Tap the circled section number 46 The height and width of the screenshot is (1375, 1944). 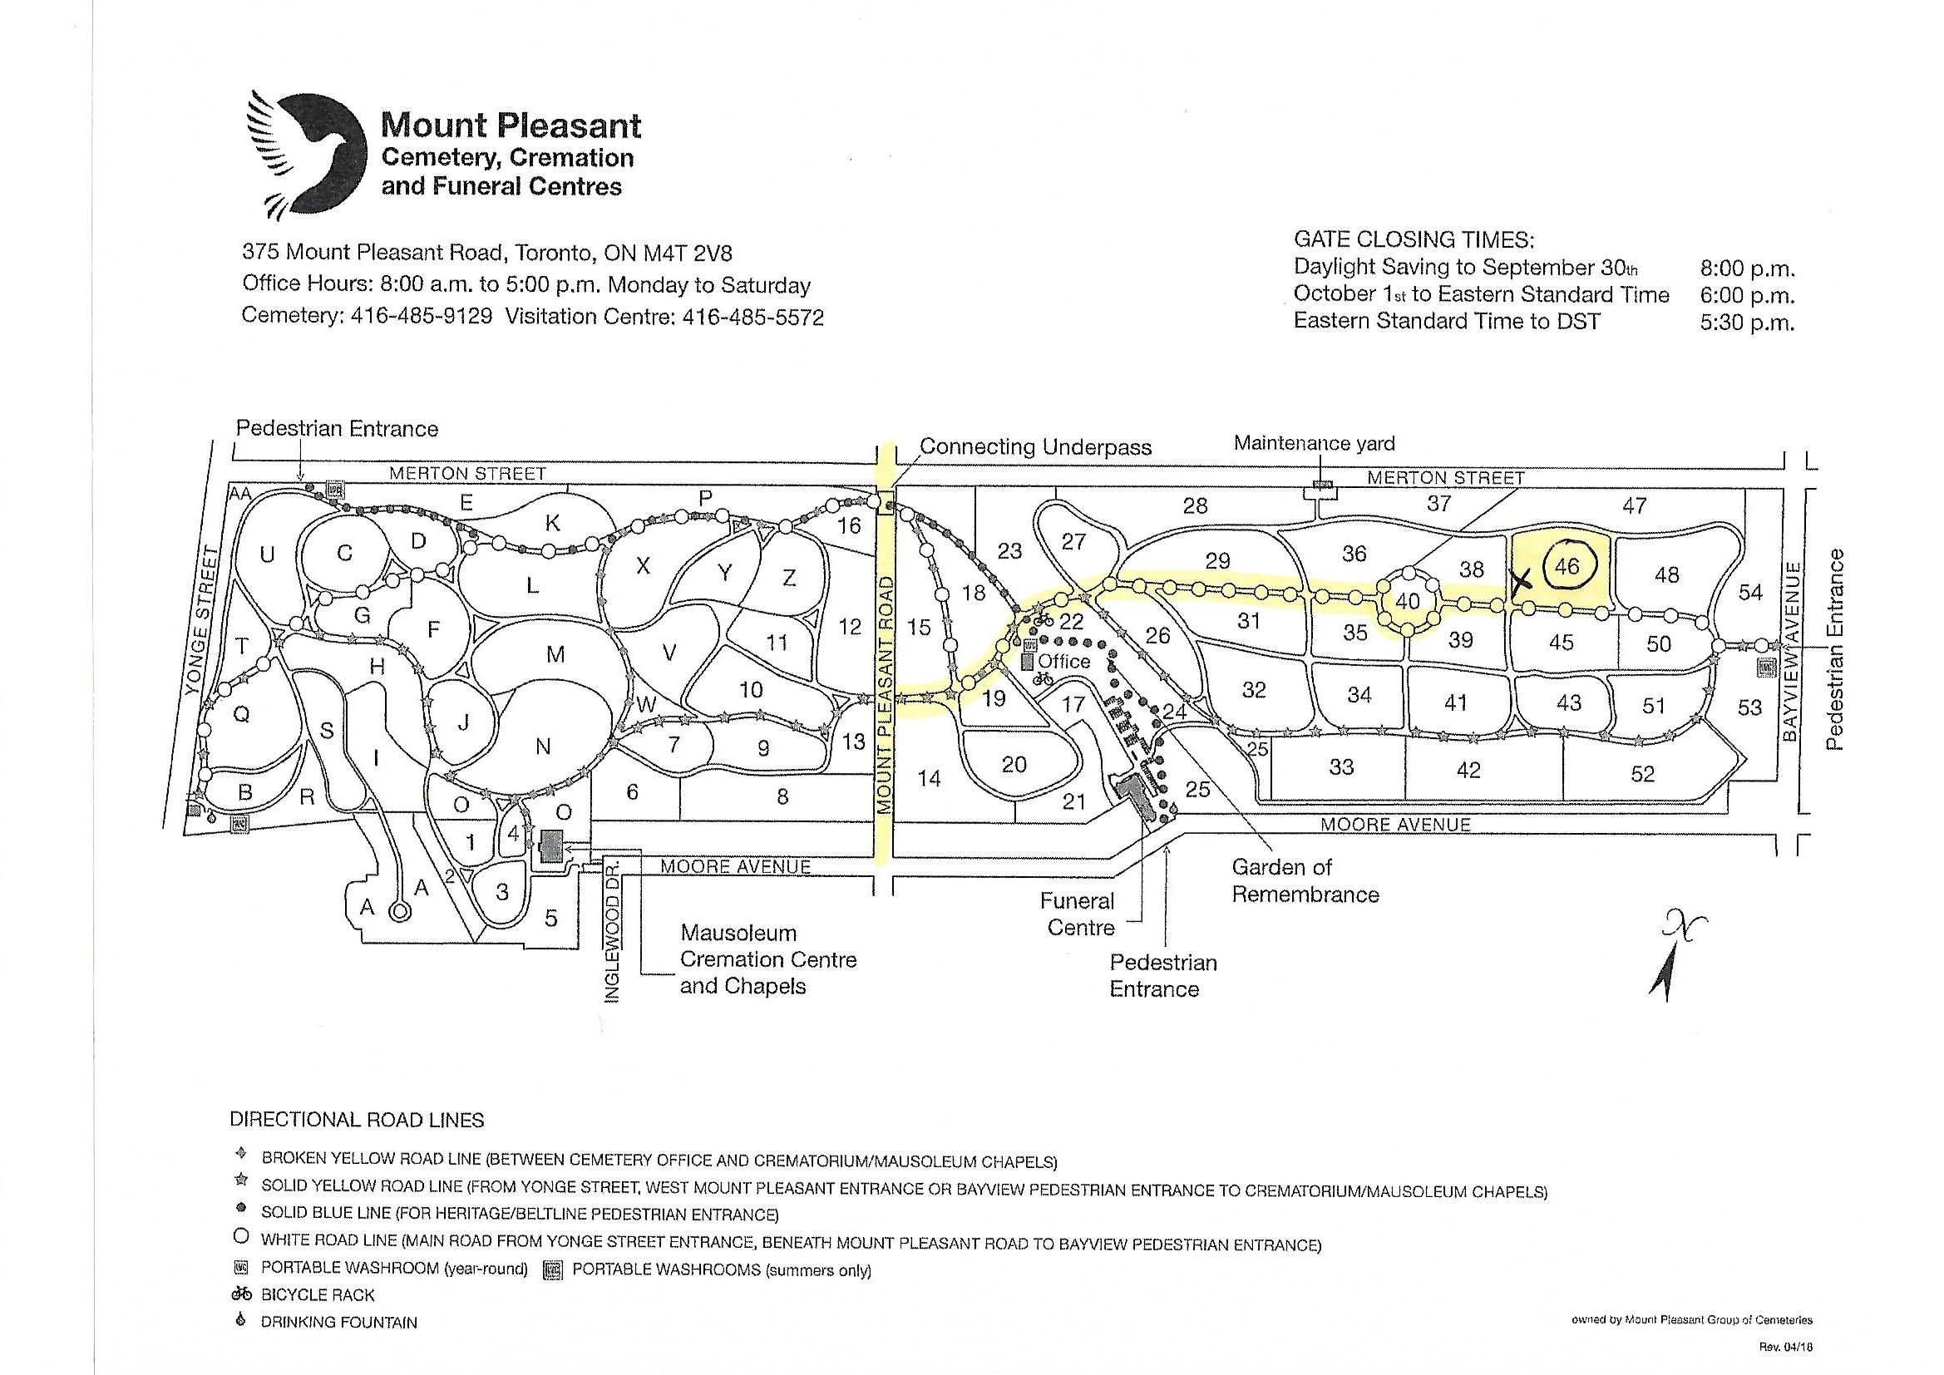(1567, 565)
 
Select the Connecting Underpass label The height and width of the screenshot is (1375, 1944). (1034, 446)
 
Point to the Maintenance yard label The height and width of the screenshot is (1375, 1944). (1314, 443)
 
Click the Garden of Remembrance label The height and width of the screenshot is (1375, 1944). (1305, 880)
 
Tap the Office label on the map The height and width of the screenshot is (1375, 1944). (1064, 660)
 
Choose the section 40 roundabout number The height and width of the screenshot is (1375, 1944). (1407, 602)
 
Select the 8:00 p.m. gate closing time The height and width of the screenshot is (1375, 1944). (1748, 269)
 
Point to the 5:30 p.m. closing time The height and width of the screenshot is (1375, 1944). (1748, 323)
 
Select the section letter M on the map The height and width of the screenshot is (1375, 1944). (555, 653)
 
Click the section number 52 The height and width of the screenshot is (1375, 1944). (1641, 774)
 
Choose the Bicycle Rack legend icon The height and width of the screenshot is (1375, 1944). (242, 1294)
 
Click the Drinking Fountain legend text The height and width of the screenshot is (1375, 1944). (338, 1323)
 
